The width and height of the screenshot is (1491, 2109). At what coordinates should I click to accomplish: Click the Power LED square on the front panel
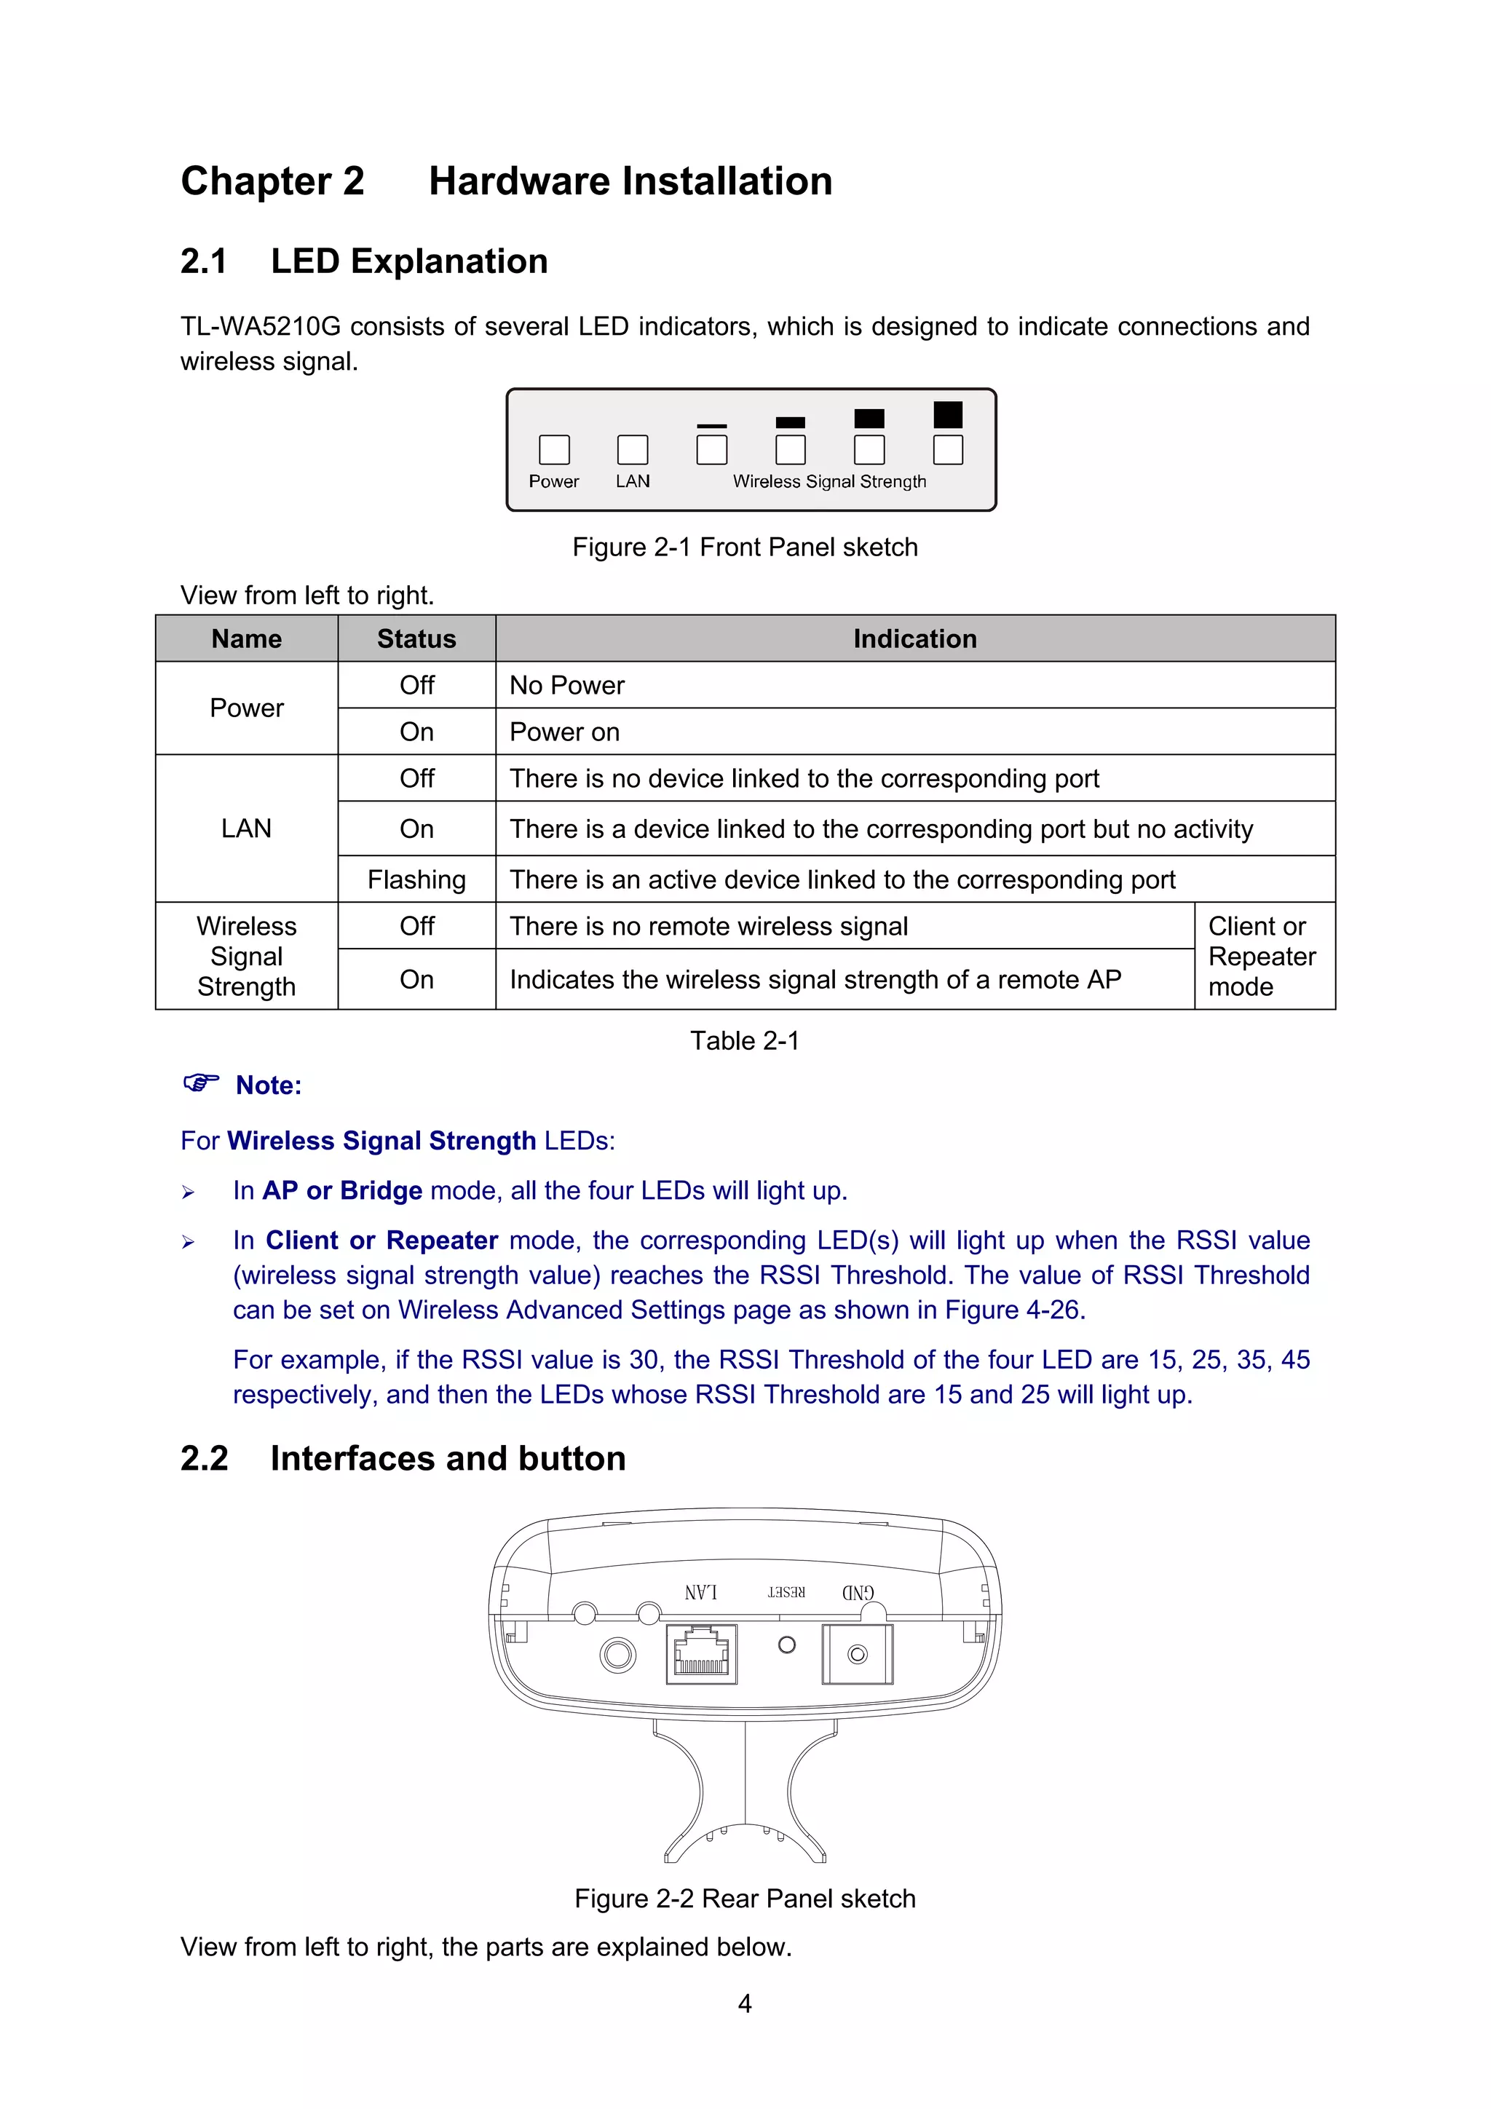[x=554, y=450]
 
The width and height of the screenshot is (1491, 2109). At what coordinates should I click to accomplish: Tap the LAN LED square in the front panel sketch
[x=632, y=450]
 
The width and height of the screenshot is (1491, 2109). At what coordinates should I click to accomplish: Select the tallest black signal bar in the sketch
[x=947, y=415]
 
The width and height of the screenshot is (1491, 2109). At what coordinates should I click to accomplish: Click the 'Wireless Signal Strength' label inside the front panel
[x=828, y=481]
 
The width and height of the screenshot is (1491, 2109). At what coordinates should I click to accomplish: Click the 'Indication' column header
[x=914, y=639]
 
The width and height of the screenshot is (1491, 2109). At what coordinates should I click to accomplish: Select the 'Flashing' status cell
[x=416, y=880]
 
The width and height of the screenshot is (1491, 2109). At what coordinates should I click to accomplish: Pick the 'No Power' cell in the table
[x=567, y=685]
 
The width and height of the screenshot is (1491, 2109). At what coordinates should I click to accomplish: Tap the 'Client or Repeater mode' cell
[x=1262, y=956]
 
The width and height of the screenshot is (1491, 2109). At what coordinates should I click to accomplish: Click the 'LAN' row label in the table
[x=246, y=828]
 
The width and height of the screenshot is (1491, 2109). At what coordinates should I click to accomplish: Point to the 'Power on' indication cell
[x=564, y=732]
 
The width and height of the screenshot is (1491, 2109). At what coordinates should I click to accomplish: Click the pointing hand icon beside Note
[x=200, y=1083]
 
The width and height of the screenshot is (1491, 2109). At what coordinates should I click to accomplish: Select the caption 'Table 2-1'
[x=744, y=1041]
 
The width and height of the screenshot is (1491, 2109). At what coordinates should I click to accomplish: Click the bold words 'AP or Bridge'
[x=341, y=1190]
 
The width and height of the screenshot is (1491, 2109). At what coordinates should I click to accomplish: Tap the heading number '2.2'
[x=204, y=1459]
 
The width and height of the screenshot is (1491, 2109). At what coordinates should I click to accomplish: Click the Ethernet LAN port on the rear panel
[x=701, y=1654]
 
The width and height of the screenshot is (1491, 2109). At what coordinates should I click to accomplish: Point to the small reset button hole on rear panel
[x=786, y=1645]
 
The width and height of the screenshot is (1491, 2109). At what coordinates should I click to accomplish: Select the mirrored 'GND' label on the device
[x=858, y=1593]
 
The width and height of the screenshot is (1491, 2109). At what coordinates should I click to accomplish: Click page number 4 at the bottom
[x=744, y=2003]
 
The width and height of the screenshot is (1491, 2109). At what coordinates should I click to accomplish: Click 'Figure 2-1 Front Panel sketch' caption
[x=744, y=547]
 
